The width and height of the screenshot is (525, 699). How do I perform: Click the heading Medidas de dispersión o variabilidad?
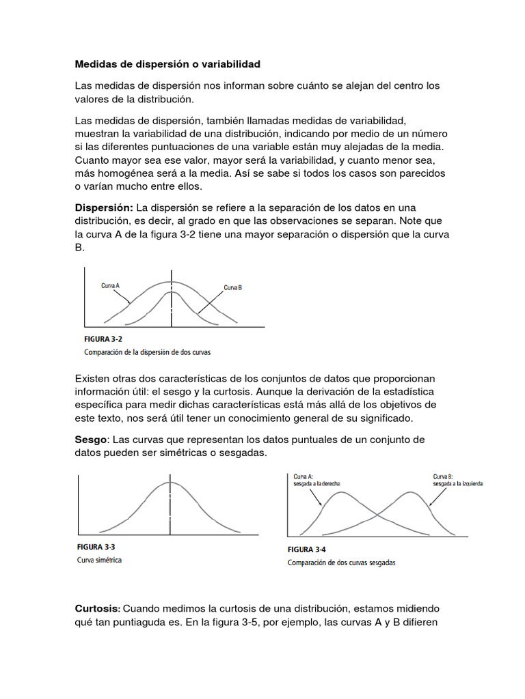167,65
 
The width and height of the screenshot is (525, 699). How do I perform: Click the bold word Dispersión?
104,208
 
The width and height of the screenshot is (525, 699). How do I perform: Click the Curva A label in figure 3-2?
111,285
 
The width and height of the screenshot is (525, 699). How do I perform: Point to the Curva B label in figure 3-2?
233,288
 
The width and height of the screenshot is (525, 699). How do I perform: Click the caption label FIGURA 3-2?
103,339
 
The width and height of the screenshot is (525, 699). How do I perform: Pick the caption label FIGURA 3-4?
306,550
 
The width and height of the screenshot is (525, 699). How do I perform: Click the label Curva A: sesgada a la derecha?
317,480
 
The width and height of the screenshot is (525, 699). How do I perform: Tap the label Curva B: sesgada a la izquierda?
458,480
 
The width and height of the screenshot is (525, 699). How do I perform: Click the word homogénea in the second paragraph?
119,173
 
